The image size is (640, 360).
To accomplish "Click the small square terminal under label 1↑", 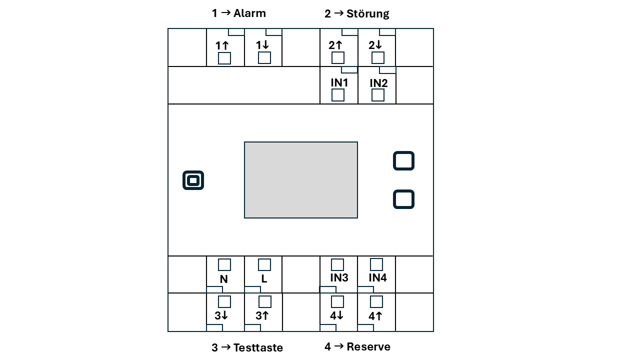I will [224, 58].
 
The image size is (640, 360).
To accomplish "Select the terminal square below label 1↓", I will [264, 58].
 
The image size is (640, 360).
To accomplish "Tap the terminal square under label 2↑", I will [338, 58].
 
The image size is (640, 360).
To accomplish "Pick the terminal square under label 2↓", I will [378, 58].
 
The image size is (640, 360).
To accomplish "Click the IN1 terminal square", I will [338, 95].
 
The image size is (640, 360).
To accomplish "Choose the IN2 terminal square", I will [378, 95].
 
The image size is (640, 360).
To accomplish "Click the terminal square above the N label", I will [224, 264].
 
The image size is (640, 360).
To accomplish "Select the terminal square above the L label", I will [264, 264].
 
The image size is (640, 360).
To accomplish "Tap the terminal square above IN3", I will [337, 264].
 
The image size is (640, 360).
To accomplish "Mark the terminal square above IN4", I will [376, 264].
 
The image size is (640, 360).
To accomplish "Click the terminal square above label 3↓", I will [224, 301].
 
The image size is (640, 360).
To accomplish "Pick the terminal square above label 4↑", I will [376, 301].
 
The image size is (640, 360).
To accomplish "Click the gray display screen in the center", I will [301, 180].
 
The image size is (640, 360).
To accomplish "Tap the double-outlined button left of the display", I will [193, 180].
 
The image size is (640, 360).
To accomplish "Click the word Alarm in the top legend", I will [249, 13].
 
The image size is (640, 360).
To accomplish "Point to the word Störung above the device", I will [367, 14].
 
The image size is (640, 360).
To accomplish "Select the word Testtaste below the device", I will [258, 347].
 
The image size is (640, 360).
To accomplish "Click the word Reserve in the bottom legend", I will [368, 346].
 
